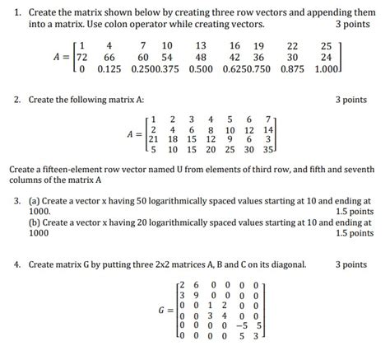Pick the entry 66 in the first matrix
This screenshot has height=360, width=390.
coord(109,57)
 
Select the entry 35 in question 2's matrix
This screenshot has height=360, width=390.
coord(268,151)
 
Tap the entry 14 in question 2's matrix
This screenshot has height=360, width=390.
coord(268,129)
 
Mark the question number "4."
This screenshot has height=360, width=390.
coord(16,264)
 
